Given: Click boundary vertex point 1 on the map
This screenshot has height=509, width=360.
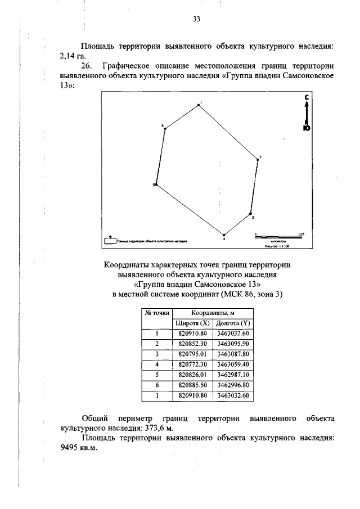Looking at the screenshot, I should pos(198,105).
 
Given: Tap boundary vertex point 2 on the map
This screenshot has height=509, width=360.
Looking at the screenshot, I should pos(258,160).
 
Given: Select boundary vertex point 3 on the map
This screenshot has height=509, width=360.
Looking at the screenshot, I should pos(250,214).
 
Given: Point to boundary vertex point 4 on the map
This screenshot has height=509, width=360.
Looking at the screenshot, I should pos(224,235).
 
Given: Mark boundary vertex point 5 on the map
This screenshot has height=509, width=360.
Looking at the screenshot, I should pos(156,184).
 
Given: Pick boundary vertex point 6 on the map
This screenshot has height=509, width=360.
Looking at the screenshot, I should pos(165,129).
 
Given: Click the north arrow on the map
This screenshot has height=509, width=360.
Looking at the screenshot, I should pos(306,113).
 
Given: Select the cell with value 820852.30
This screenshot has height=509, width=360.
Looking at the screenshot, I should pos(193,343).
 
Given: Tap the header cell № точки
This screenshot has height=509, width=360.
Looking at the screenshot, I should pos(156,313).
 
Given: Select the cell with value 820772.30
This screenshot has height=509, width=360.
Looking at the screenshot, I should pos(193,364).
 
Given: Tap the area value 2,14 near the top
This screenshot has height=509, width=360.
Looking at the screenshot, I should pos(67,56).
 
